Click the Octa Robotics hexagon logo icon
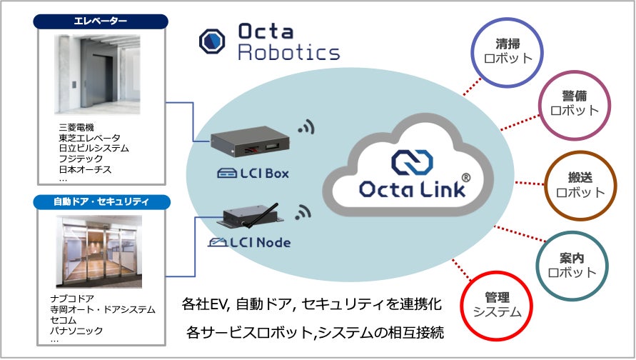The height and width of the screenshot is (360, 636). point(213,41)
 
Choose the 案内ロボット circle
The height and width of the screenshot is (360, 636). point(572,264)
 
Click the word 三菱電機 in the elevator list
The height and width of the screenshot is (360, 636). point(76,128)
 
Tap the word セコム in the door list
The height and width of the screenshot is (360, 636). point(66,321)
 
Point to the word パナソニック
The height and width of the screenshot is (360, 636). point(76,331)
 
